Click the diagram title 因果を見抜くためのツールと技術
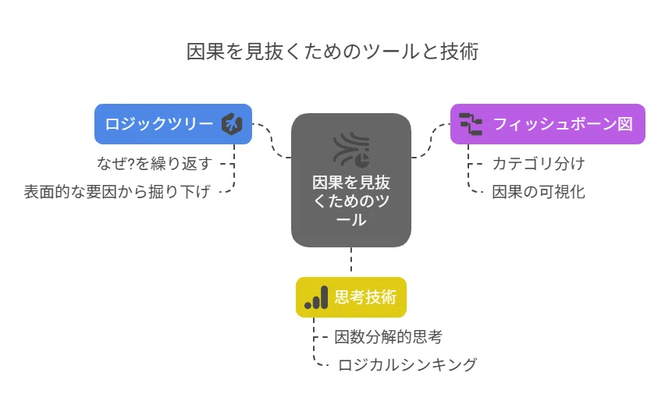332,51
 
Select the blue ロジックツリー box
173,124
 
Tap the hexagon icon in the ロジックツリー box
232,124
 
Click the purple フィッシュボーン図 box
547,124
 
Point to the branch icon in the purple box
471,124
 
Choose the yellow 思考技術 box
351,297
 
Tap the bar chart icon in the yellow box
316,297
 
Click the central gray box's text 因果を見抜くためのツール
351,201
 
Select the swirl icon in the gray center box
351,149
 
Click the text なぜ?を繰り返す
155,163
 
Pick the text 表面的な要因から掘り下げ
117,192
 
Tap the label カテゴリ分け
539,163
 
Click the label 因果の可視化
539,192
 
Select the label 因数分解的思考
389,337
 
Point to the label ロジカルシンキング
407,365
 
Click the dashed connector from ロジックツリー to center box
272,140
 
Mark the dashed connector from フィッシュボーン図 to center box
431,140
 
